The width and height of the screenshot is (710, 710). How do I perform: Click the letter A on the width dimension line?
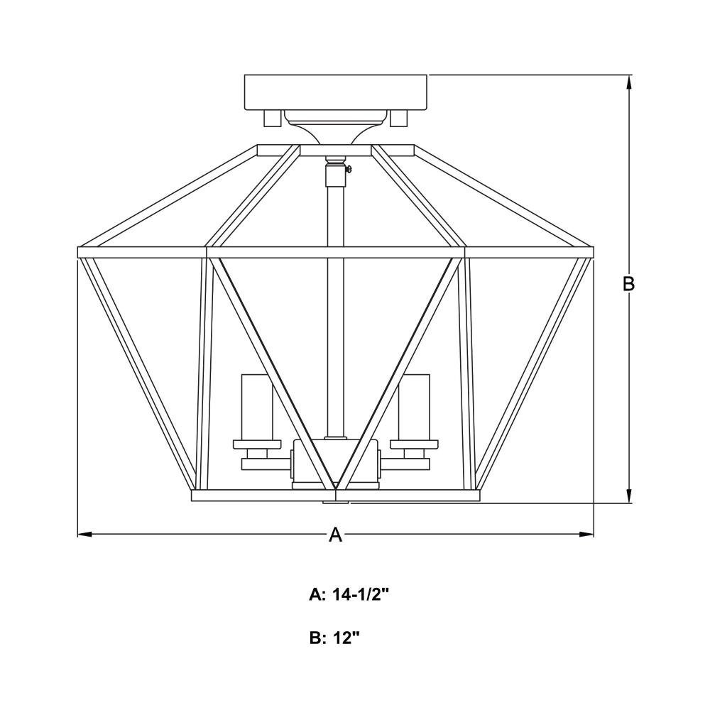336,535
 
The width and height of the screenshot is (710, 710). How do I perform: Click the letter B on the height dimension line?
628,284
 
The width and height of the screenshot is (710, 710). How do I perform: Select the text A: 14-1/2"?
349,594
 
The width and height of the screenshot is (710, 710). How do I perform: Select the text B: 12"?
334,638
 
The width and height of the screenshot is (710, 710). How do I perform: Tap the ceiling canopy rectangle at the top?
336,92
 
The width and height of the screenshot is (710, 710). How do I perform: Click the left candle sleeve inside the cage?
257,406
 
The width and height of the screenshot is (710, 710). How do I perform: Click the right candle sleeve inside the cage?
414,406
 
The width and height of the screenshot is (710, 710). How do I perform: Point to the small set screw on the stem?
348,170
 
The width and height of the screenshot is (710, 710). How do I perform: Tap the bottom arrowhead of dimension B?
628,496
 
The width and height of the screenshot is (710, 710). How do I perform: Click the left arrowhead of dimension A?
84,535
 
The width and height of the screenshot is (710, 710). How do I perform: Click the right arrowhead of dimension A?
586,535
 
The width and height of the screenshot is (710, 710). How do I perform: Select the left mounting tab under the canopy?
272,119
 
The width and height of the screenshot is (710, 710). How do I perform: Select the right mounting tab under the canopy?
399,119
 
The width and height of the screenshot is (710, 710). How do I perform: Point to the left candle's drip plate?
257,444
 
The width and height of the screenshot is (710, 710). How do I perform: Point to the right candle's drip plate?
414,444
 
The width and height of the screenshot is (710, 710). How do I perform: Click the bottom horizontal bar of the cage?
336,496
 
